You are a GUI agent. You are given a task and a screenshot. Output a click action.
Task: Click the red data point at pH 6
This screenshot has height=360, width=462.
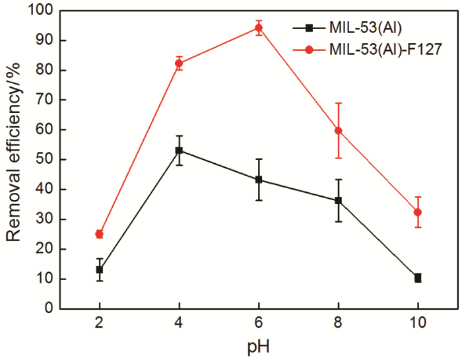click(259, 28)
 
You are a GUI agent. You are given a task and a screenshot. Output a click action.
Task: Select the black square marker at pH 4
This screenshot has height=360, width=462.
click(179, 151)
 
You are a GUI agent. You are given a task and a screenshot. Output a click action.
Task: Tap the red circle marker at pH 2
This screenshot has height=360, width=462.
click(99, 234)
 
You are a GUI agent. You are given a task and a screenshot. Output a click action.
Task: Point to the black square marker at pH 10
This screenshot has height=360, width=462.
click(418, 278)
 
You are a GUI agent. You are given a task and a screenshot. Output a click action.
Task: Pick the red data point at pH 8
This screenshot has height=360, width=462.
click(338, 130)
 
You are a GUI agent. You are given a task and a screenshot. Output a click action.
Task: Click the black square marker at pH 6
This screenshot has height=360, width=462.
click(259, 180)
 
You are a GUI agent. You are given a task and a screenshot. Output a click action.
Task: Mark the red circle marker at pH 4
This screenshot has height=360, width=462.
click(179, 63)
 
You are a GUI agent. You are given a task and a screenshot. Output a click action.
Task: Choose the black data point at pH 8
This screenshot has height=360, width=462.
click(338, 200)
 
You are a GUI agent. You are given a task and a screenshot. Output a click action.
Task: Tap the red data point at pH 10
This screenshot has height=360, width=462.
click(418, 212)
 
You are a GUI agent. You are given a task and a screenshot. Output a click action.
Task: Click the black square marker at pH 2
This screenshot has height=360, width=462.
click(99, 270)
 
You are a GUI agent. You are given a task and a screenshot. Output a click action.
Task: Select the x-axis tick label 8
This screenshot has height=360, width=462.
click(338, 325)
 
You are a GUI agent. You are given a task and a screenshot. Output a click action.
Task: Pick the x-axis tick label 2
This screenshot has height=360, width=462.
click(99, 325)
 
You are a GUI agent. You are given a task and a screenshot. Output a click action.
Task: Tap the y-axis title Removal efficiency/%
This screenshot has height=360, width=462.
click(14, 159)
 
